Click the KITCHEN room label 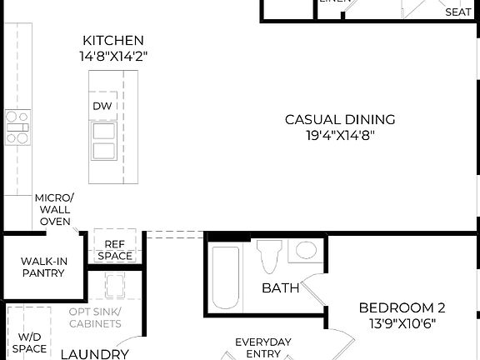(x=113, y=40)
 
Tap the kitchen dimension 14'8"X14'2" (x=113, y=56)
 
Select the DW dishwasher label (x=102, y=106)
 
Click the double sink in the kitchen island (x=103, y=141)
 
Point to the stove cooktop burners (x=17, y=127)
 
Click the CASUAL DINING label (x=340, y=119)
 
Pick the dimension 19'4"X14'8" (x=340, y=135)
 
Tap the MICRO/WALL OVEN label (x=54, y=209)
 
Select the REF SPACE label (x=115, y=250)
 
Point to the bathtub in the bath (x=226, y=277)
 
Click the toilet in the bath (x=269, y=258)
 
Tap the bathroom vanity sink (x=306, y=250)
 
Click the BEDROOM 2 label (x=397, y=307)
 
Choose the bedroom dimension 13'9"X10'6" (x=397, y=322)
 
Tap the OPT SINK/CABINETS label (x=95, y=317)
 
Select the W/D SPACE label (x=28, y=342)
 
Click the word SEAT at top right (x=458, y=12)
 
